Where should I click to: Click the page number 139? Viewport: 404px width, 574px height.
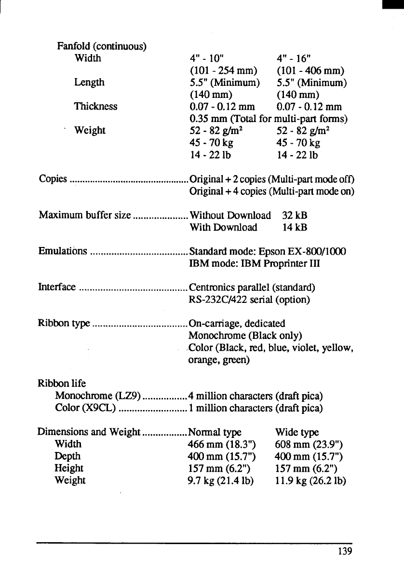pos(345,551)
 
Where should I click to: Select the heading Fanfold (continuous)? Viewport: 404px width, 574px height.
pos(102,46)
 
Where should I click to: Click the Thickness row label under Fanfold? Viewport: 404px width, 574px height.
pos(96,106)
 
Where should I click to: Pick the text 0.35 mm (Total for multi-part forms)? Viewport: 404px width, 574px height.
pos(269,118)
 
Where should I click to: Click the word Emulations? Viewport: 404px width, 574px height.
pos(62,251)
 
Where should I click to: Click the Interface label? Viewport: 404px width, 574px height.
pos(56,287)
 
